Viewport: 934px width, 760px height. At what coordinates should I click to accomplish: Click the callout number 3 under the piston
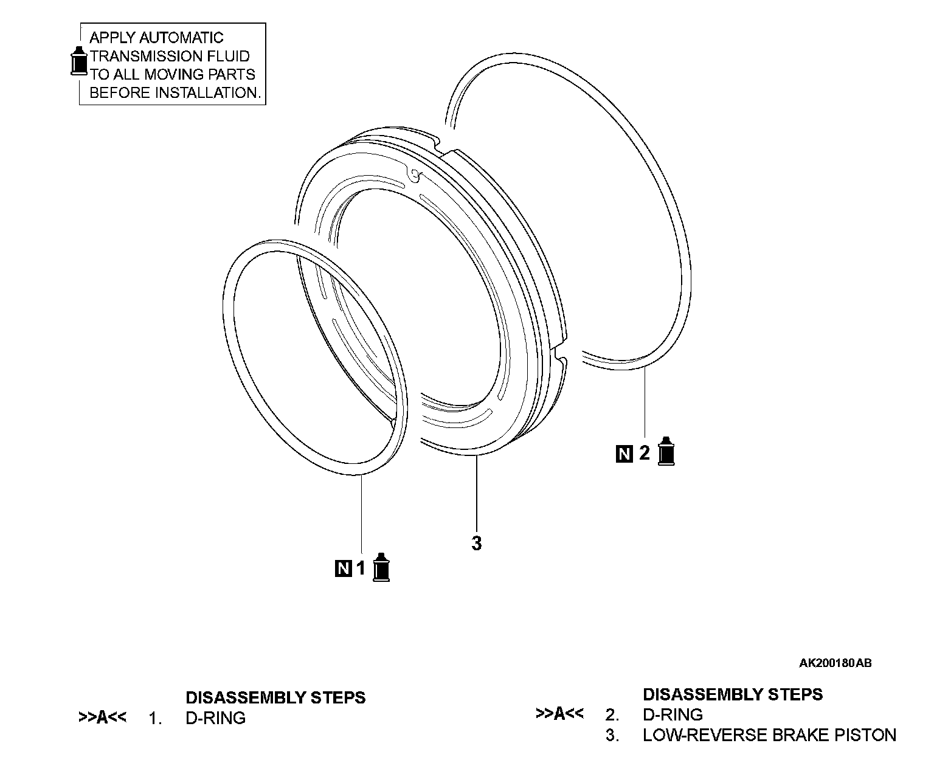(x=476, y=543)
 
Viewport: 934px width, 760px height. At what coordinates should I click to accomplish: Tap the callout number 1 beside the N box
(x=361, y=568)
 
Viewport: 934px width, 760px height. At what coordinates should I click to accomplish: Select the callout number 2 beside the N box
(x=645, y=453)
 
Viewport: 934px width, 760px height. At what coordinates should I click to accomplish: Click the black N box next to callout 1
(x=343, y=568)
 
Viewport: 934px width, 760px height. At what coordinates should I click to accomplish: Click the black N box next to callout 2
(x=624, y=454)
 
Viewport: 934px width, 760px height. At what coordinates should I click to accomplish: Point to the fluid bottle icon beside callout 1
(x=381, y=567)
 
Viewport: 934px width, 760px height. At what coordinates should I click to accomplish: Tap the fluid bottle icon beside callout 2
(x=667, y=451)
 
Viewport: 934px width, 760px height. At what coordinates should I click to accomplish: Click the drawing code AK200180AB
(x=835, y=663)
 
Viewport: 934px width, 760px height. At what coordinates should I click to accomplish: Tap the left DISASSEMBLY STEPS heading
(x=275, y=697)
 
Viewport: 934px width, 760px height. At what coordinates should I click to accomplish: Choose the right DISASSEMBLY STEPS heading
(x=733, y=694)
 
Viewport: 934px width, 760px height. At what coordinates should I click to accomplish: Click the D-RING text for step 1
(x=215, y=718)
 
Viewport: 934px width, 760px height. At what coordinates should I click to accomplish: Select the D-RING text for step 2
(x=673, y=715)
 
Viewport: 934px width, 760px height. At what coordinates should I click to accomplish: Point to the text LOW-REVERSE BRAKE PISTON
(x=769, y=736)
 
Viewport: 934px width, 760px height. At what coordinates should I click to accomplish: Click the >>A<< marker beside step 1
(x=102, y=717)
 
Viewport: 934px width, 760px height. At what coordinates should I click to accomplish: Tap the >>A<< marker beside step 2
(x=559, y=714)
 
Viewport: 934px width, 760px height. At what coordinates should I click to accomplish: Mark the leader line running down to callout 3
(x=477, y=492)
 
